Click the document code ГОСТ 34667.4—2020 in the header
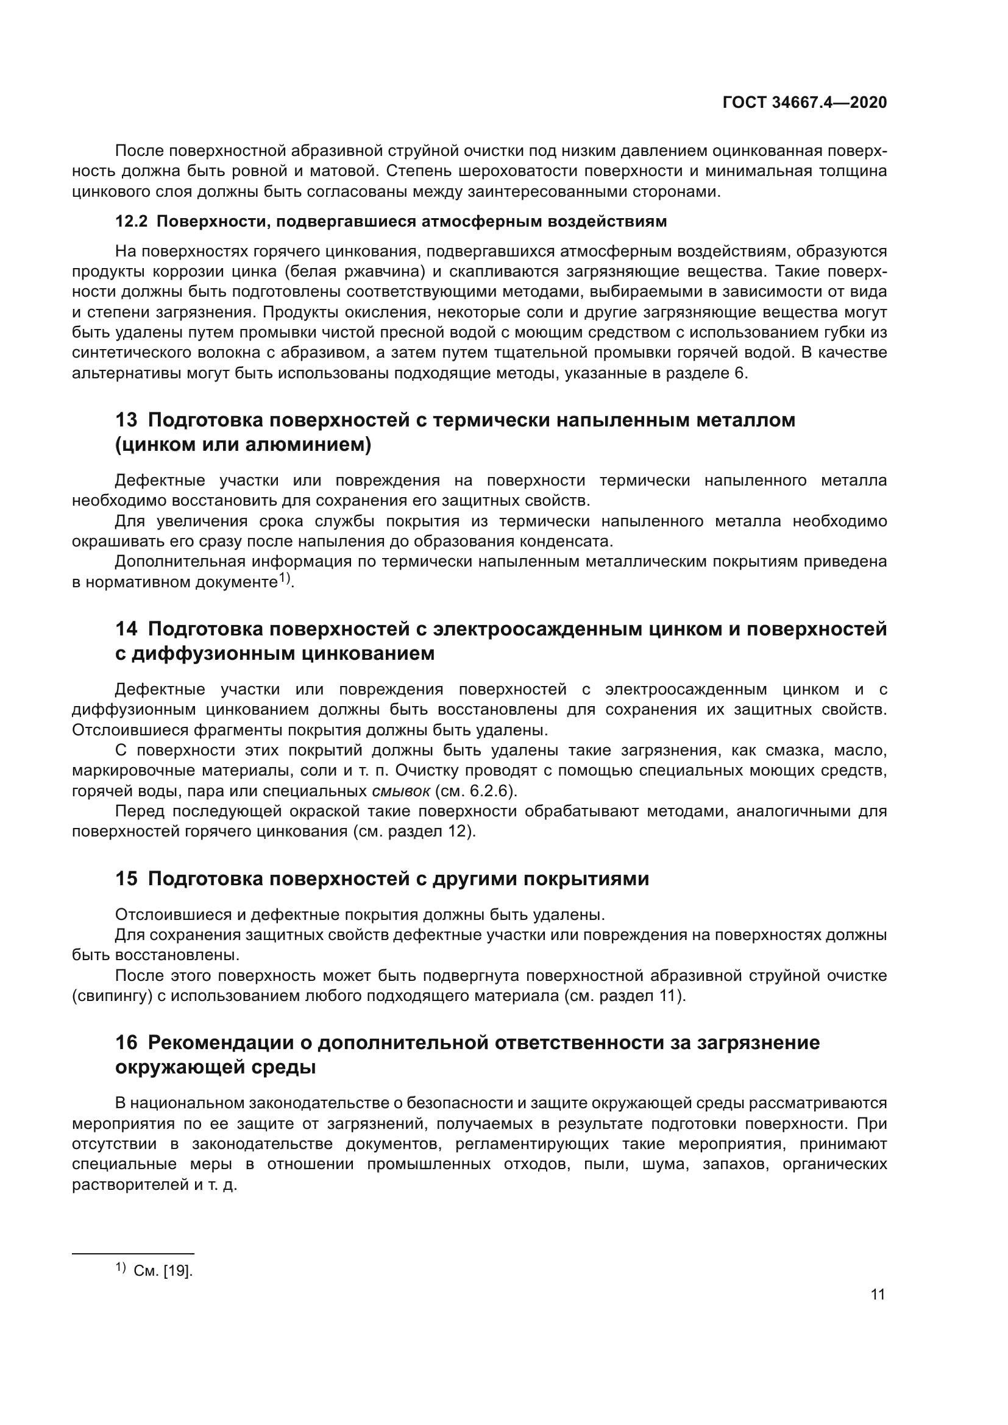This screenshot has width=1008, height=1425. tap(804, 102)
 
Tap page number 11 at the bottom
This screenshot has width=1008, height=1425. tap(878, 1295)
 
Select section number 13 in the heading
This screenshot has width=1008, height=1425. tap(126, 420)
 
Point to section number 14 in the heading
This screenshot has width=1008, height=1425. tap(126, 629)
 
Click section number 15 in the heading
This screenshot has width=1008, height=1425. tap(126, 879)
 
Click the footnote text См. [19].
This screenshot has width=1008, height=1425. tap(163, 1271)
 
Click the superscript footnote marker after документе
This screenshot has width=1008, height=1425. tap(283, 578)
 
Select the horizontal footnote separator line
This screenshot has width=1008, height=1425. tap(133, 1254)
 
